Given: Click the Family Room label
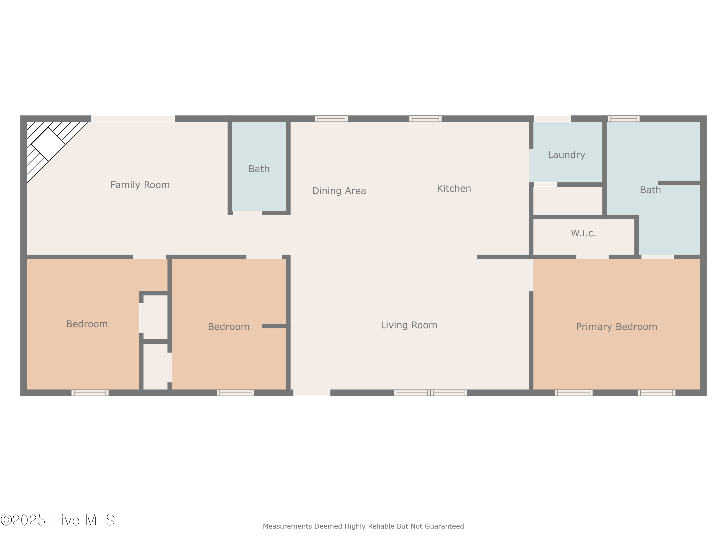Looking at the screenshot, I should click(140, 185).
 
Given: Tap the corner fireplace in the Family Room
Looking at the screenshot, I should click(48, 144).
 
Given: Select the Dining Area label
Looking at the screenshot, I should click(339, 191).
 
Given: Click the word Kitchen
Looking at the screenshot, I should click(454, 188).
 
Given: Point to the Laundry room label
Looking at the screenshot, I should click(566, 155).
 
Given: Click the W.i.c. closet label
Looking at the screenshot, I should click(583, 233).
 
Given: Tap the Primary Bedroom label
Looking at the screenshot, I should click(616, 327).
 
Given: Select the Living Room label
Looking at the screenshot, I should click(409, 325).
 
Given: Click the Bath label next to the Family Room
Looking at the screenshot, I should click(259, 169).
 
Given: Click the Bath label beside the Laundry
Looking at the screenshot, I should click(650, 190).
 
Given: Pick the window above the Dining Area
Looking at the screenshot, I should click(331, 119).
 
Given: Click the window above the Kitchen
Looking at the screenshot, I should click(425, 119).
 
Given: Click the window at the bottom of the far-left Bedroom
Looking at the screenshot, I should click(90, 393).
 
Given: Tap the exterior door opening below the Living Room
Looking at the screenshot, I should click(312, 393).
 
